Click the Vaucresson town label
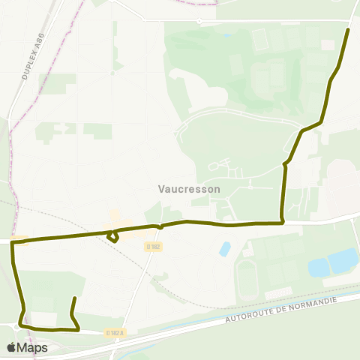pyautogui.click(x=190, y=189)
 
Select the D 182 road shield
pyautogui.click(x=153, y=246)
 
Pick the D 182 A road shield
pyautogui.click(x=115, y=332)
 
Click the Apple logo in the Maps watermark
pyautogui.click(x=11, y=347)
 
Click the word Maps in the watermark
pyautogui.click(x=33, y=347)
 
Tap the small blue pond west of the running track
pyautogui.click(x=224, y=248)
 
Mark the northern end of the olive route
pyautogui.click(x=348, y=30)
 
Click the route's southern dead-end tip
pyautogui.click(x=74, y=298)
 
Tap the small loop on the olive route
pyautogui.click(x=113, y=237)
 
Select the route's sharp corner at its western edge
pyautogui.click(x=13, y=242)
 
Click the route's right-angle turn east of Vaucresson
pyautogui.click(x=282, y=222)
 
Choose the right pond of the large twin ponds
pyautogui.click(x=343, y=259)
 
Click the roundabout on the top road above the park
pyautogui.click(x=199, y=21)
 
